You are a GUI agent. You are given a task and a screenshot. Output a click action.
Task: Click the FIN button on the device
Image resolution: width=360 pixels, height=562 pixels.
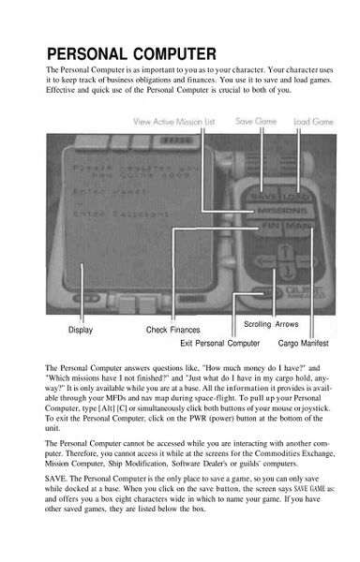coord(263,227)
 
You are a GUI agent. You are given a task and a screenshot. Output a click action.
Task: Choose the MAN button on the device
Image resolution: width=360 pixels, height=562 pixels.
coord(292,227)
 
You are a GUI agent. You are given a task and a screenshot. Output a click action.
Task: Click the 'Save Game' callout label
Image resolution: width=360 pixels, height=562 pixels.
coord(256,122)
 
